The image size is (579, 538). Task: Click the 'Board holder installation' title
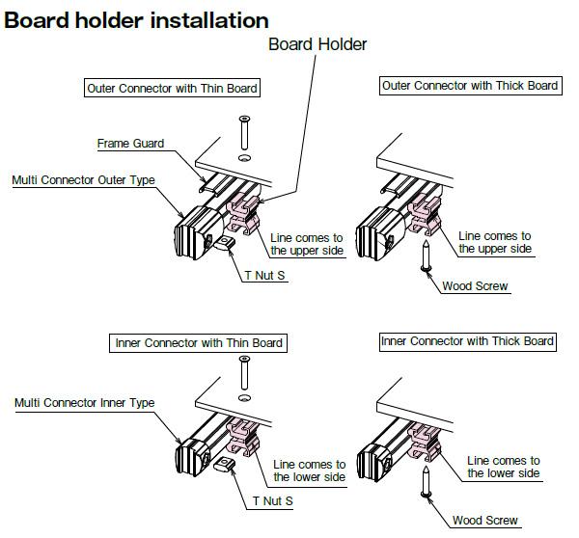tap(136, 19)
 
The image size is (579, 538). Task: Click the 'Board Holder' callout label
tap(317, 44)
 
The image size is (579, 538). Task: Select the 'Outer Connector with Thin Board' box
tap(172, 89)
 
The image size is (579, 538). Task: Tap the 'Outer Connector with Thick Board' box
tap(470, 86)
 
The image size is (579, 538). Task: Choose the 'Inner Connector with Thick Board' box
tap(467, 341)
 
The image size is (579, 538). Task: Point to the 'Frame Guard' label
tap(130, 144)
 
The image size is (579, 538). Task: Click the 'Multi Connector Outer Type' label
tap(83, 180)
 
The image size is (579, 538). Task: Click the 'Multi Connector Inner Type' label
tap(84, 402)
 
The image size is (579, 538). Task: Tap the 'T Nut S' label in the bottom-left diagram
tap(273, 500)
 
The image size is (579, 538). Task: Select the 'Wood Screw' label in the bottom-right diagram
tap(484, 521)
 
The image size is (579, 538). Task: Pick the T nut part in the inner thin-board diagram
tap(227, 468)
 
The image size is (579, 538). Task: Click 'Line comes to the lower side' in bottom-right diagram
tap(503, 467)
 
